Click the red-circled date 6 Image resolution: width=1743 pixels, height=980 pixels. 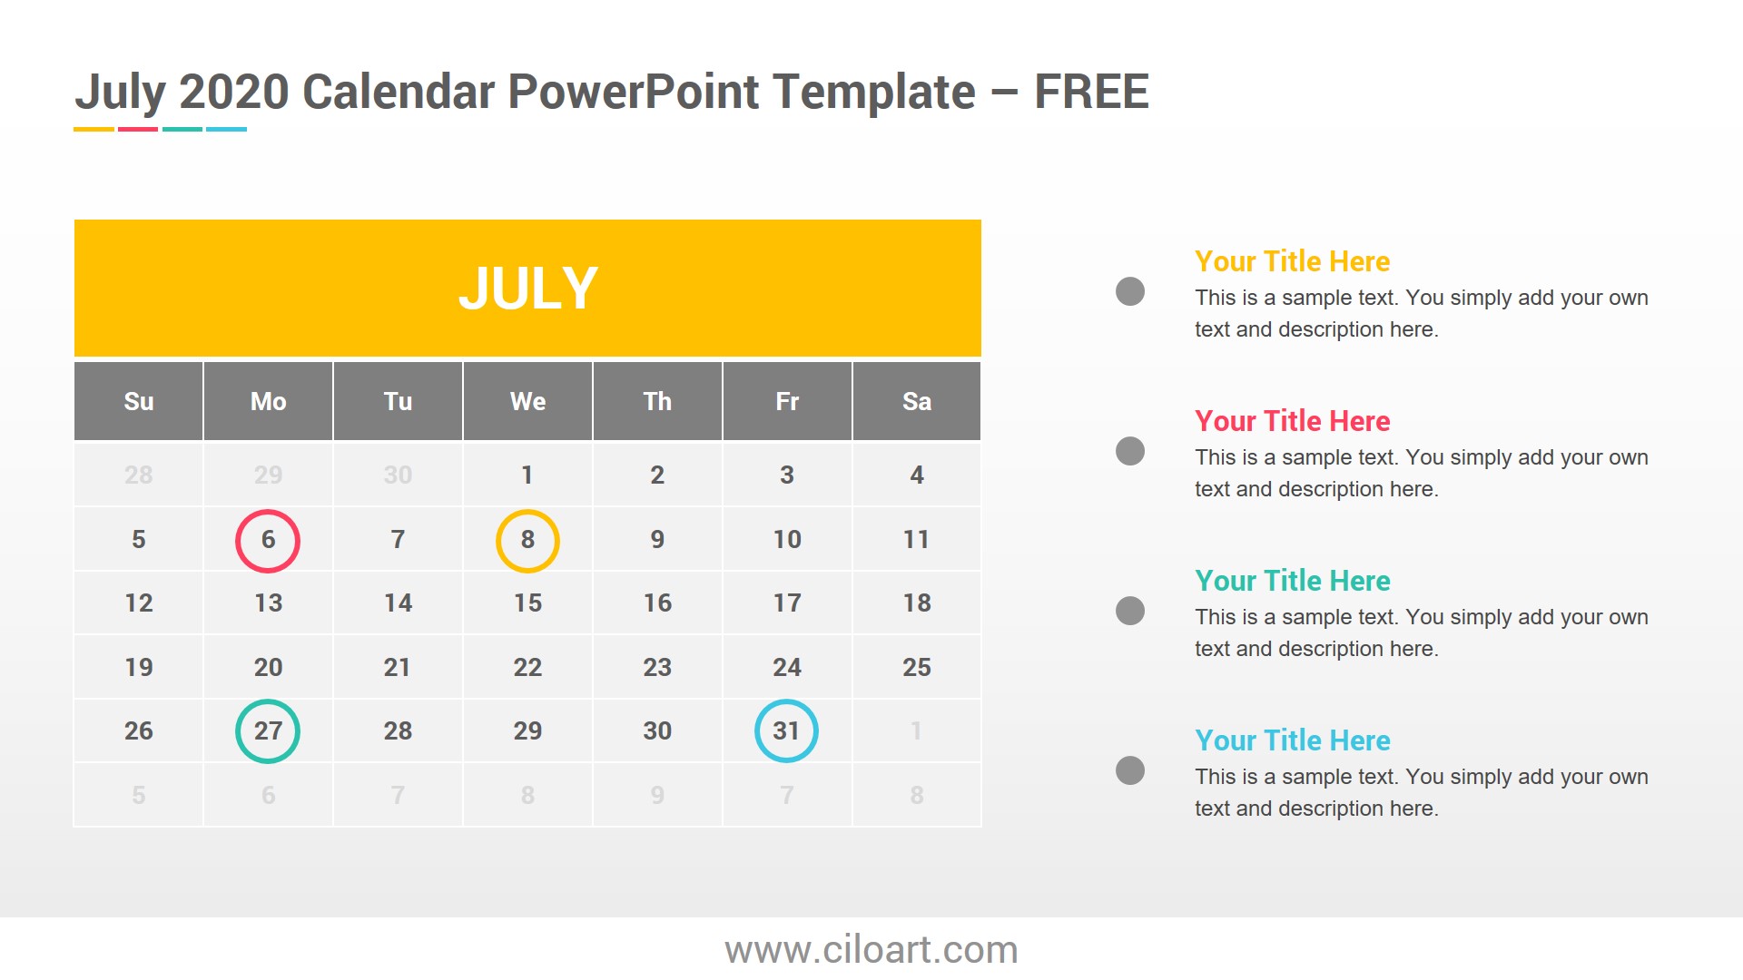coord(268,540)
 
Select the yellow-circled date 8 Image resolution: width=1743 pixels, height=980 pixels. coord(527,540)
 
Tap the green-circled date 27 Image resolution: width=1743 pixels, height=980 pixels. coord(268,730)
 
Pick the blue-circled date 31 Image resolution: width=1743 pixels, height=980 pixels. coord(786,730)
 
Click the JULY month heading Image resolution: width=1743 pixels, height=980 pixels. coord(527,289)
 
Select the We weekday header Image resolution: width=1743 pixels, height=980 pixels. coord(527,401)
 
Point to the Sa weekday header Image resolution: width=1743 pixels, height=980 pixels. coord(917,401)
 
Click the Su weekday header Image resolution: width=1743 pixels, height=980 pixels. coord(139,401)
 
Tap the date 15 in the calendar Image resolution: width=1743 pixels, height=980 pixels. coord(527,603)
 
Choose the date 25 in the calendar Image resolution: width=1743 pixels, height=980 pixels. coord(917,667)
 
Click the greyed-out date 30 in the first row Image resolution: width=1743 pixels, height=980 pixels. coord(398,475)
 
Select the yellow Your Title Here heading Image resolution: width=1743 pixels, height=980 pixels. coord(1292,261)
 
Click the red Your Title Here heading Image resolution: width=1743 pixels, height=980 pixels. coord(1292,421)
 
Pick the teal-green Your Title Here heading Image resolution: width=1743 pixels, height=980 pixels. coord(1292,581)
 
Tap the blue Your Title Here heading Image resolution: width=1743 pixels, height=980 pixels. coord(1292,740)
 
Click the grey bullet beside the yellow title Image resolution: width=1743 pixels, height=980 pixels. coord(1130,291)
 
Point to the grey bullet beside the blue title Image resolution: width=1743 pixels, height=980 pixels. coord(1130,770)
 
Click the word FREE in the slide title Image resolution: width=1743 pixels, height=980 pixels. coord(1091,93)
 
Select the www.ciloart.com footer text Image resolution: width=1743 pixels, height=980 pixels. coord(871,950)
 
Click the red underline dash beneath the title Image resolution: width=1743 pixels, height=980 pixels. coord(138,129)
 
